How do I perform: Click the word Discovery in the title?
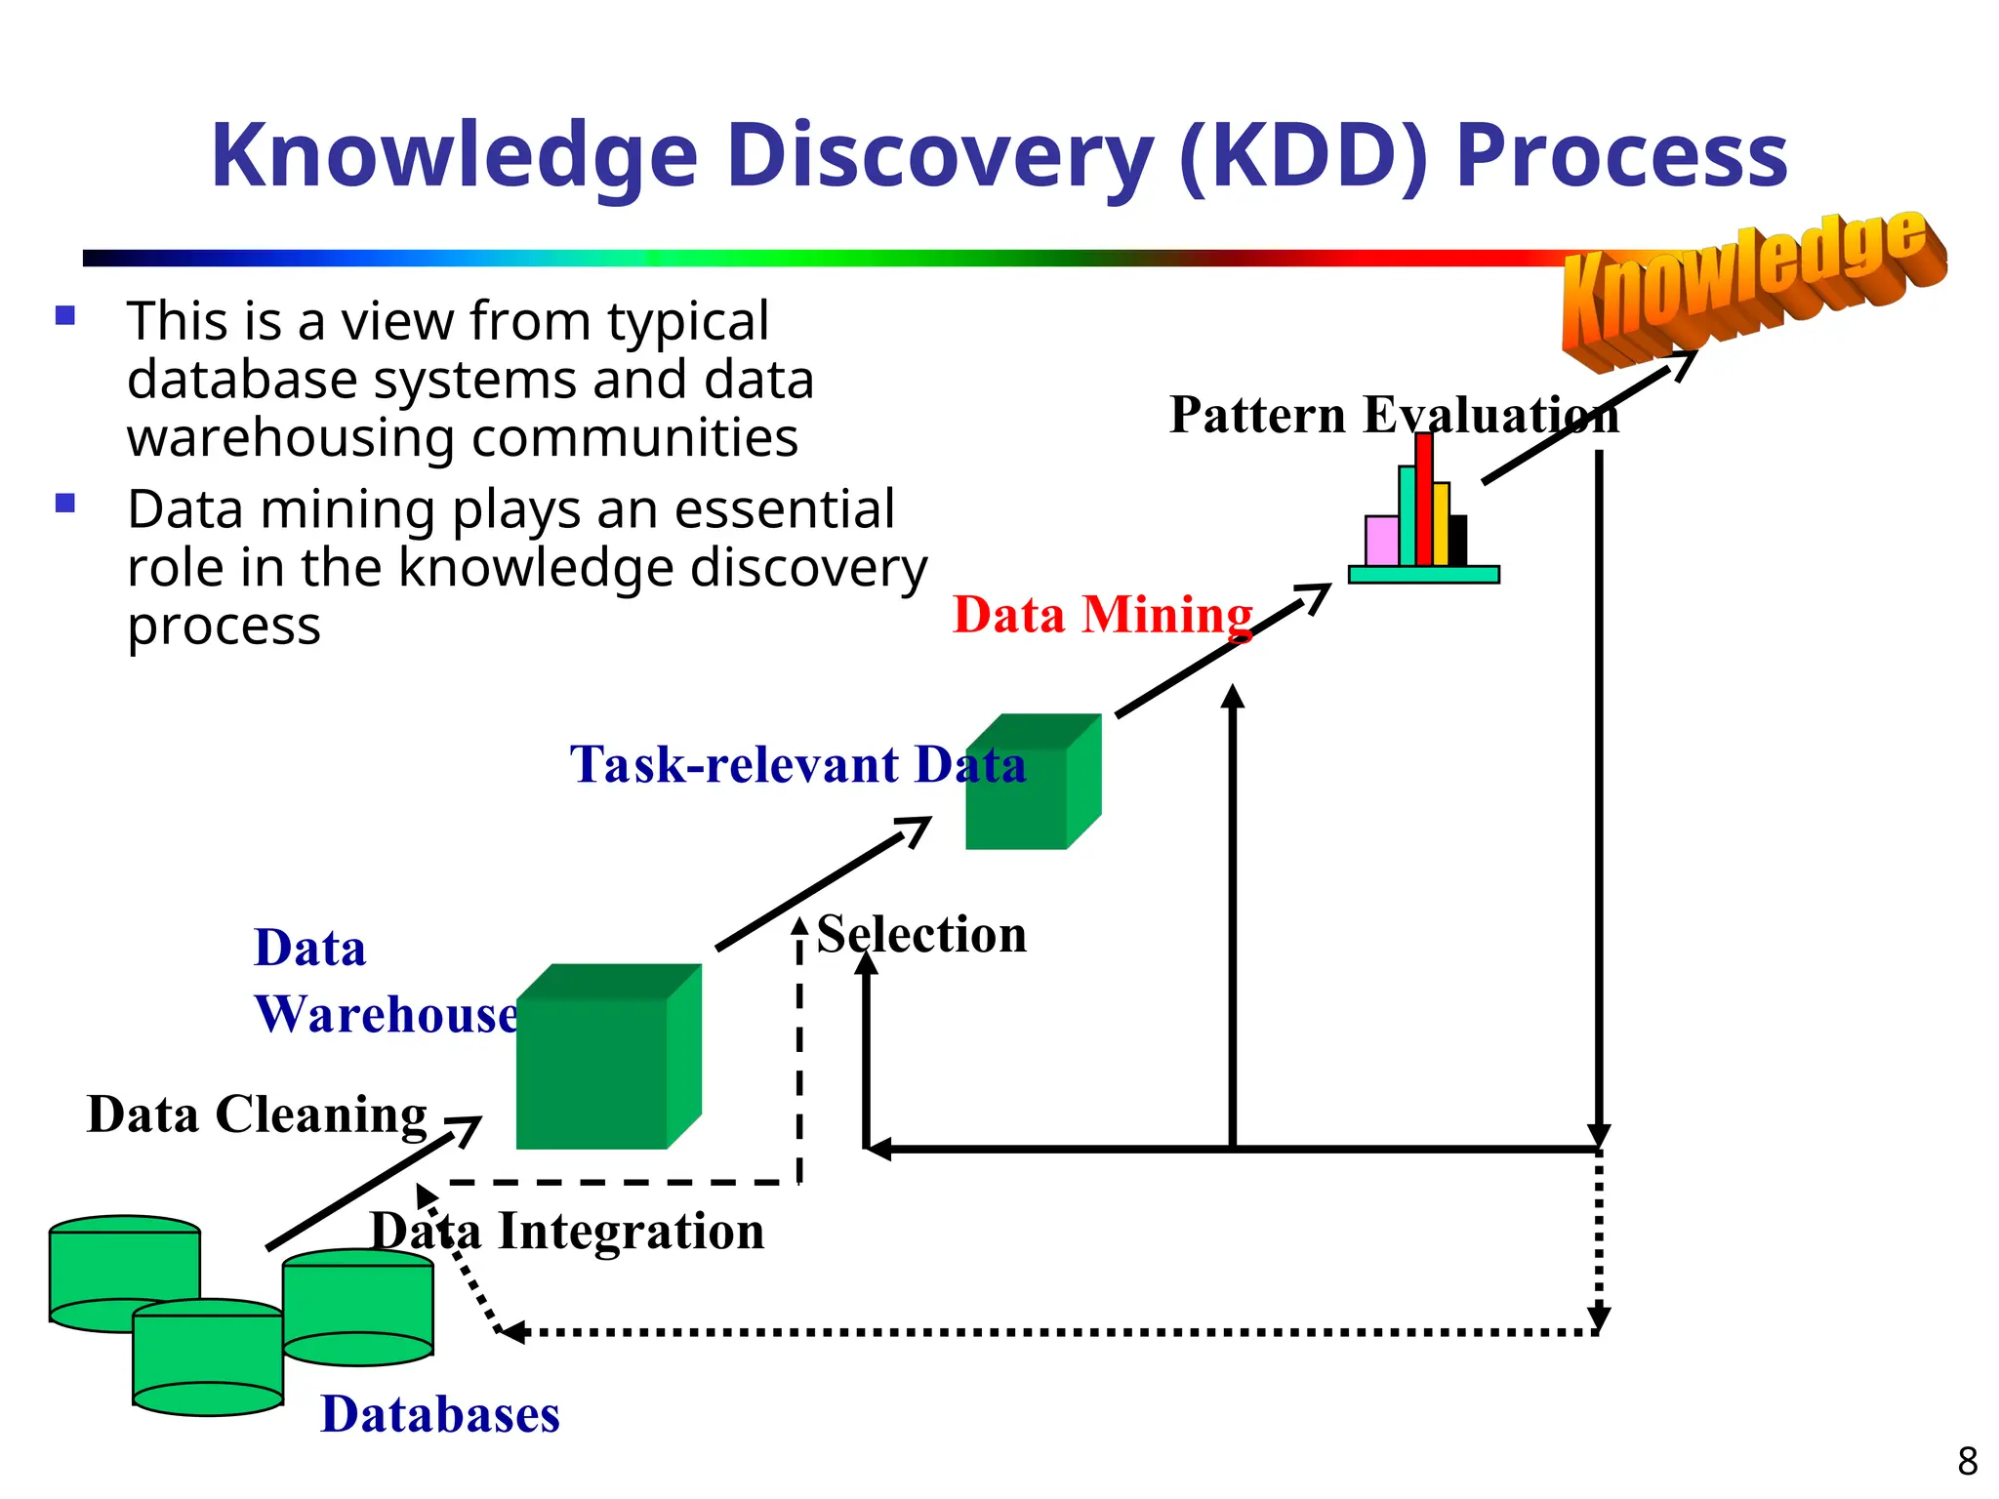940,156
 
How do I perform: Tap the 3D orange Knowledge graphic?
1752,283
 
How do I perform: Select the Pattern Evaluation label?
1394,415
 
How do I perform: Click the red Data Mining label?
1102,615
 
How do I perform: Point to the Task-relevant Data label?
797,764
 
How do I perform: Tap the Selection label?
921,934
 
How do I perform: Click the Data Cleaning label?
257,1114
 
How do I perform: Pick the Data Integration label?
567,1231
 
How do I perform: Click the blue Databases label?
440,1414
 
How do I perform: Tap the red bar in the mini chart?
1424,500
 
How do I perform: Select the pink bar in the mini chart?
1381,541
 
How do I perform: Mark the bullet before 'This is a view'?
65,315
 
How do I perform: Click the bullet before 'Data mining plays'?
65,504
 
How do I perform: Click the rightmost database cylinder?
358,1308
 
